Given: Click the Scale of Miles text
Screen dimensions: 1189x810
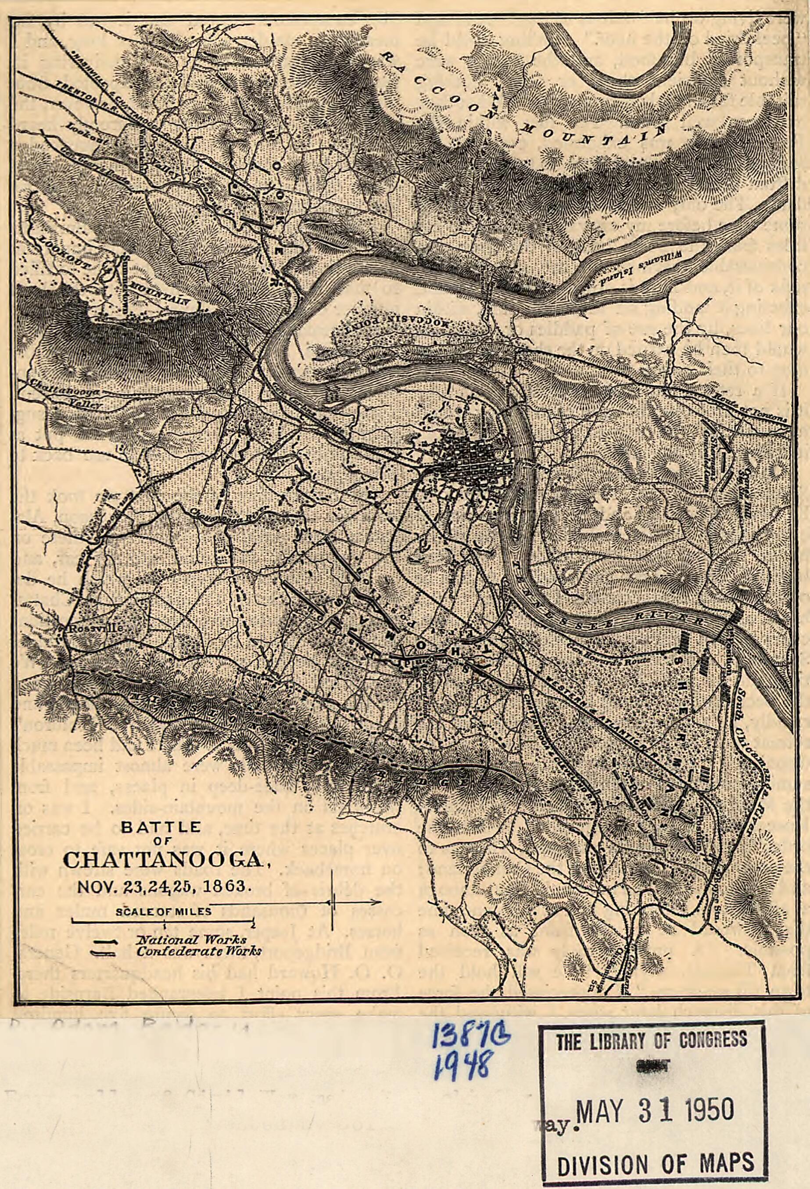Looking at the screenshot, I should pyautogui.click(x=163, y=911).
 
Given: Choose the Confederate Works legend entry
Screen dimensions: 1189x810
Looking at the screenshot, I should pyautogui.click(x=198, y=951).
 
